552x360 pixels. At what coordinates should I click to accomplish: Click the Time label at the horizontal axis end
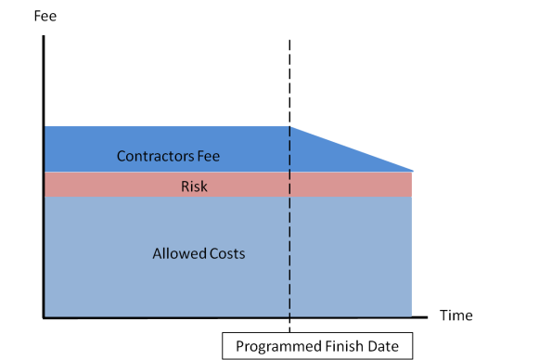click(x=456, y=315)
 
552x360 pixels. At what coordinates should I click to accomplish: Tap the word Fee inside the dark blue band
click(x=209, y=156)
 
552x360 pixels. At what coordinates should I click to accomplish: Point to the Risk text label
click(x=194, y=186)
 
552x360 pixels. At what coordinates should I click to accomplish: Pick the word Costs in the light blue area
click(x=226, y=252)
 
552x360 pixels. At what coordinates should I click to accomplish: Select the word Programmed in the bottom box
click(x=275, y=346)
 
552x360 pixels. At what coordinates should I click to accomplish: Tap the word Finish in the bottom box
click(x=340, y=346)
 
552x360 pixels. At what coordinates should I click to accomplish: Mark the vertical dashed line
click(x=290, y=84)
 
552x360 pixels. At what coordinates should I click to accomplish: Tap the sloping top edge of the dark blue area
click(x=353, y=148)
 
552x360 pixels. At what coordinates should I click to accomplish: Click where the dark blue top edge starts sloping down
click(x=290, y=126)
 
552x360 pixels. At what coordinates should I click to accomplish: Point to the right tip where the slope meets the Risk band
click(x=411, y=171)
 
